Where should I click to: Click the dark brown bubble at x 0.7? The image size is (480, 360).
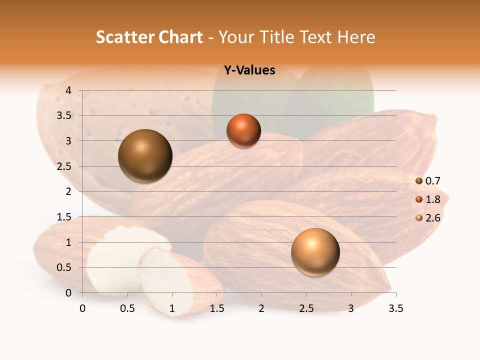pos(145,156)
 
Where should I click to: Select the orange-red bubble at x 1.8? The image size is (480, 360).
pos(243,131)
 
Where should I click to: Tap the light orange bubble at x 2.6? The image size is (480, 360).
pos(315,252)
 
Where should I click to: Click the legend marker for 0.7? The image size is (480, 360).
pos(419,181)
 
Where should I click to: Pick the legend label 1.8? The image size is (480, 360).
pos(432,199)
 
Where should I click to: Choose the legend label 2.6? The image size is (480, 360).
pos(432,218)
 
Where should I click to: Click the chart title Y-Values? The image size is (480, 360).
pos(249,70)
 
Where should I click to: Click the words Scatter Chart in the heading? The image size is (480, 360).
pos(149,37)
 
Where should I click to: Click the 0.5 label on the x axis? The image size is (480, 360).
pos(127,308)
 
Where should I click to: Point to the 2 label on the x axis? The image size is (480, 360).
pos(261,308)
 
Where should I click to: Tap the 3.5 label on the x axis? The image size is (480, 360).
pos(395,308)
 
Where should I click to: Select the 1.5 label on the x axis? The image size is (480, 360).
pos(216,308)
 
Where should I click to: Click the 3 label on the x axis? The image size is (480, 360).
pos(351,308)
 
